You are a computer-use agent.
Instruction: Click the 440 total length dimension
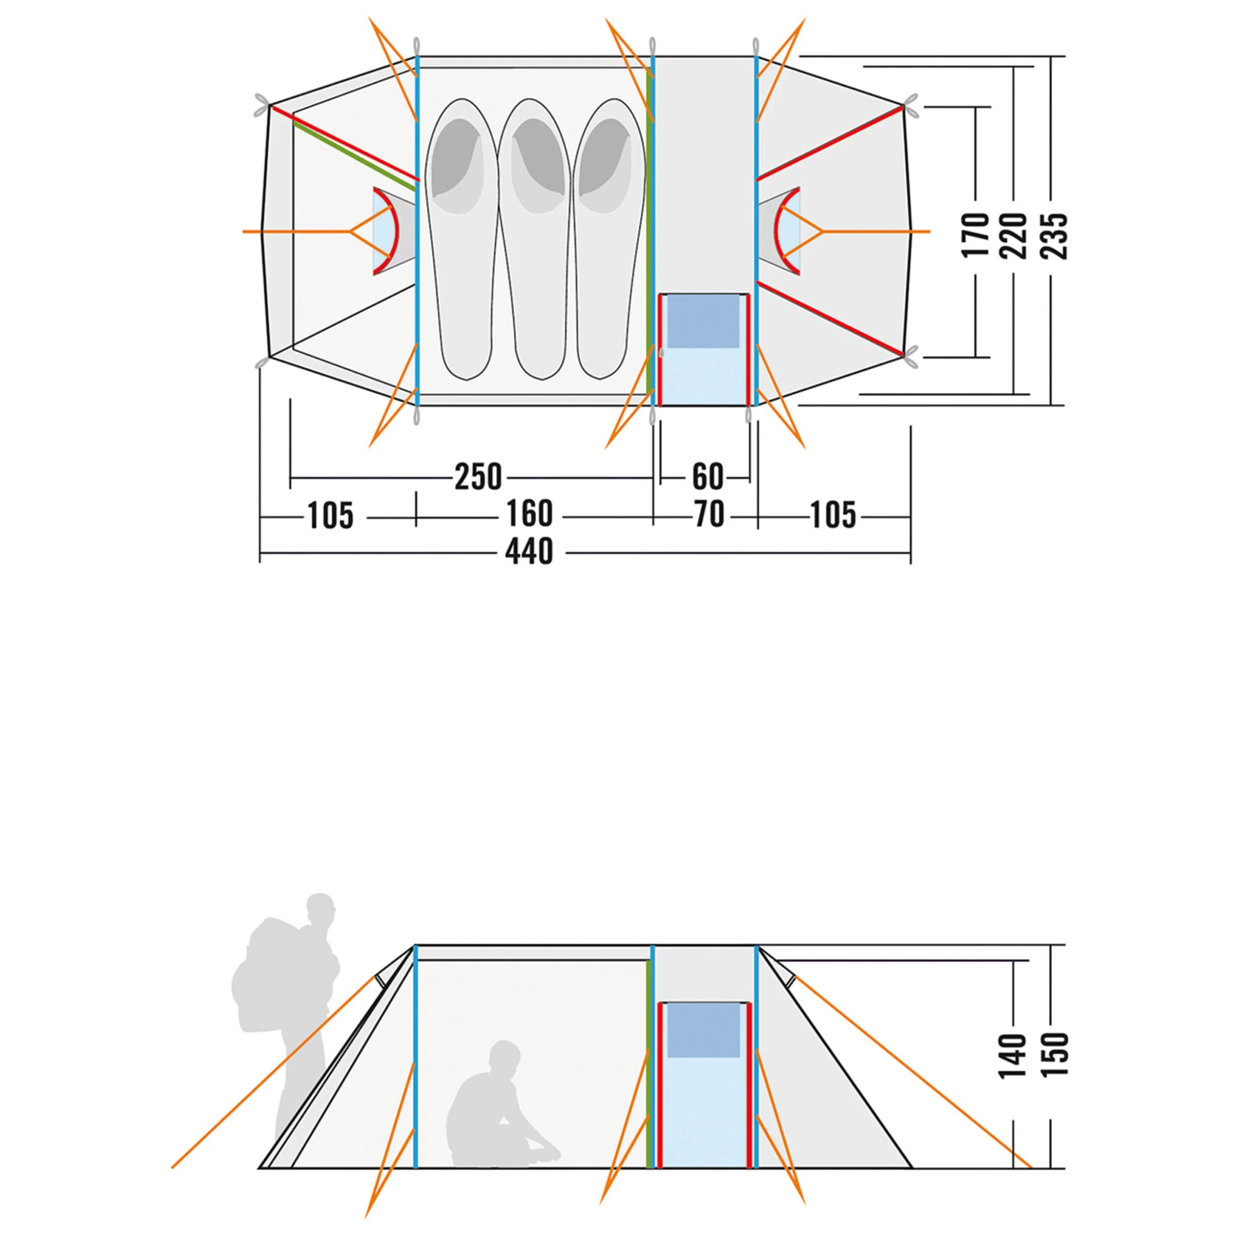(x=529, y=552)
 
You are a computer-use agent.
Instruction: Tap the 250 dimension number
(x=478, y=477)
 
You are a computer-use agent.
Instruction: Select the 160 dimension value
(x=529, y=514)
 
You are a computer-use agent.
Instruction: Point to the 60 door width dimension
(x=708, y=477)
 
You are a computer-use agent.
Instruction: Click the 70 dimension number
(x=709, y=514)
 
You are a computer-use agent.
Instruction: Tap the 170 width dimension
(x=976, y=236)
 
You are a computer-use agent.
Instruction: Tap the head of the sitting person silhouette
(x=505, y=1060)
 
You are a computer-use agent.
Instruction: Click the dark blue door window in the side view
(x=704, y=1030)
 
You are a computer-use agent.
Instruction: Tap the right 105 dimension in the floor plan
(x=833, y=516)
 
